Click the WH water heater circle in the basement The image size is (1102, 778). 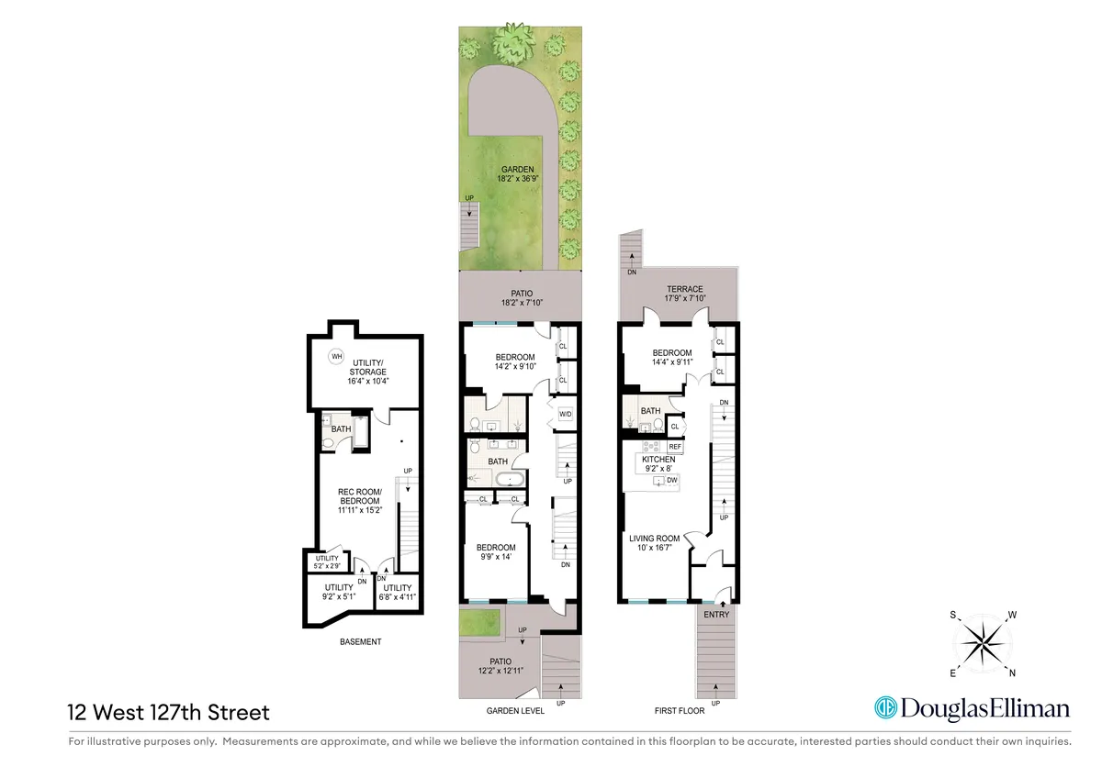click(336, 357)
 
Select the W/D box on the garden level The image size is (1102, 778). click(566, 415)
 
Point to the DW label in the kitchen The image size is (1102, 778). click(672, 480)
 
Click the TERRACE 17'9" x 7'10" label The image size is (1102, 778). click(685, 294)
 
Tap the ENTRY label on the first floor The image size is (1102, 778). click(715, 615)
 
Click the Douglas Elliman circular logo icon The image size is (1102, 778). click(884, 708)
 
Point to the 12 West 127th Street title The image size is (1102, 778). click(168, 712)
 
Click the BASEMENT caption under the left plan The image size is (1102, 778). click(360, 641)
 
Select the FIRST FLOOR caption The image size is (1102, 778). click(679, 710)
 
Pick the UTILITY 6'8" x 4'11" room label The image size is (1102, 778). click(398, 593)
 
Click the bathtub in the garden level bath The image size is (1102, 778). click(511, 479)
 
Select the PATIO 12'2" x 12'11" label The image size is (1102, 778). click(500, 666)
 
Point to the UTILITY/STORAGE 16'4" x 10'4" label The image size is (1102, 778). click(365, 373)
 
